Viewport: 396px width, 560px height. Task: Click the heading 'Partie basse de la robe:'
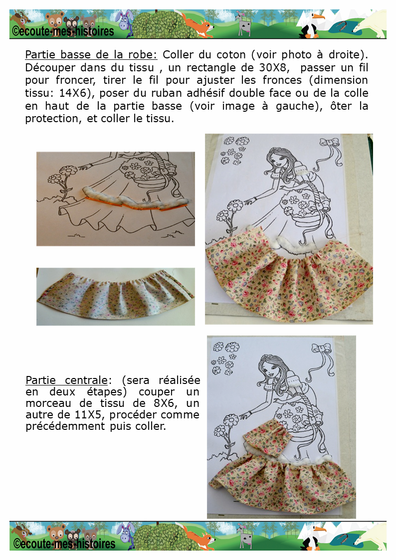pos(91,55)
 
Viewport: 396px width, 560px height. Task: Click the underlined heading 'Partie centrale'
pos(66,380)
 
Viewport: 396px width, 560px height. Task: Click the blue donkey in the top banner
pos(125,23)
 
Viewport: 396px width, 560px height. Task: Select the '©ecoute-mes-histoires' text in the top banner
pos(63,31)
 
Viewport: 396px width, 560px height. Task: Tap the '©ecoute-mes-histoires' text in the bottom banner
pos(64,543)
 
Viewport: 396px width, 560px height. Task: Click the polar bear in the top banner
pos(370,23)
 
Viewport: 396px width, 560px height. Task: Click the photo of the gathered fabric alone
pos(116,296)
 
